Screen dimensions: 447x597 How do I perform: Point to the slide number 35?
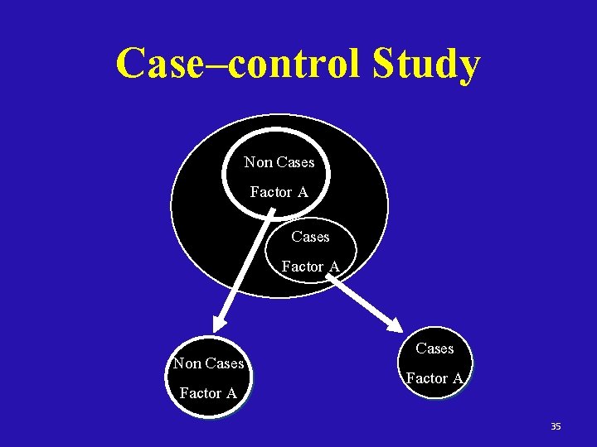[x=556, y=426]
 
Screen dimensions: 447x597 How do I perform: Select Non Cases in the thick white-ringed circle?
[x=279, y=162]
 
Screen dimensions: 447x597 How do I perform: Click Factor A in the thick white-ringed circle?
[x=279, y=192]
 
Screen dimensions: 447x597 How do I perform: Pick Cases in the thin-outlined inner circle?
[x=310, y=237]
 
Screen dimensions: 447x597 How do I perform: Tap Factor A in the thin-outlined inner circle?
[x=310, y=267]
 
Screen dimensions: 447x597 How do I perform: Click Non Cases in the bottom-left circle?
[x=208, y=363]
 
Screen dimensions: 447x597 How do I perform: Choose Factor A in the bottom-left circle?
[x=208, y=393]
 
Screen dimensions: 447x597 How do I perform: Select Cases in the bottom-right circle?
[x=434, y=348]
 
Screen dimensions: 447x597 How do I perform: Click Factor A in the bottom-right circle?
[x=434, y=378]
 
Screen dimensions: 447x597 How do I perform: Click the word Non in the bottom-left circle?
[x=186, y=363]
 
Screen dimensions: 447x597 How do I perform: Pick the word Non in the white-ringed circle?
[x=257, y=162]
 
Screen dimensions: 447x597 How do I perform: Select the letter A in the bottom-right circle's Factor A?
[x=458, y=378]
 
